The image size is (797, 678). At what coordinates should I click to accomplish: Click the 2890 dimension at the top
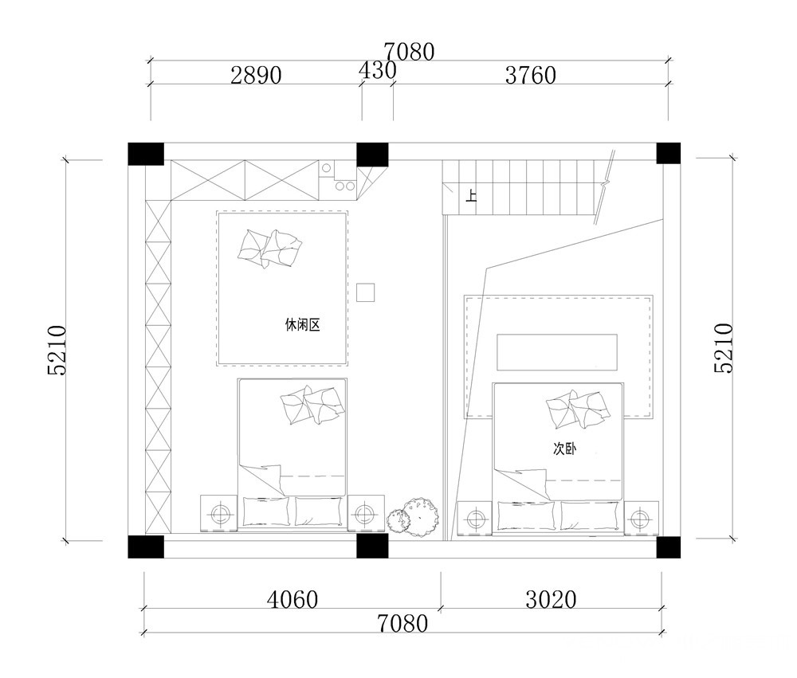256,75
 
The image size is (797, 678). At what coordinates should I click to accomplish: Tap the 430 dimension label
377,71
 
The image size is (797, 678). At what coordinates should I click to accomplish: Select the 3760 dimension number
530,75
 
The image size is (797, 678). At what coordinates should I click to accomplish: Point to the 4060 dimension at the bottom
292,600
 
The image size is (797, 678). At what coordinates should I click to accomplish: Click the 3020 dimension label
551,600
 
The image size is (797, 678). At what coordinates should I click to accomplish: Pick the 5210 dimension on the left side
57,351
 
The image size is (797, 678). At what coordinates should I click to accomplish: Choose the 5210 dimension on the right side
724,348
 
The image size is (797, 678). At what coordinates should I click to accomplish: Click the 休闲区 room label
302,325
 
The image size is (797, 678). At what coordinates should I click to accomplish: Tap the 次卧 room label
564,449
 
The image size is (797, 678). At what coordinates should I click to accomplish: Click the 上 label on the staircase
472,196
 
